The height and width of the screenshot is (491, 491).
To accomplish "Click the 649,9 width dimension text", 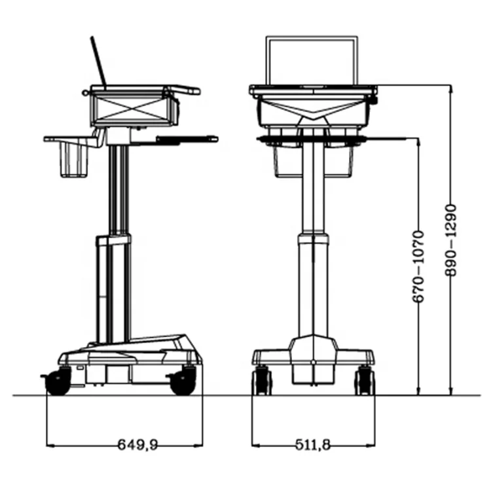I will coord(137,445).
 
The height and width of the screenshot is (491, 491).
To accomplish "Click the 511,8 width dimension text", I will coord(311,445).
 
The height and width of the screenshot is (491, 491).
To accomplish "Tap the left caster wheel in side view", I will coord(58,381).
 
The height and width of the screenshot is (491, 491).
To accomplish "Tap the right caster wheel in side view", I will coord(183,381).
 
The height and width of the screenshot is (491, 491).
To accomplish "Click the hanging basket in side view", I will coord(74,160).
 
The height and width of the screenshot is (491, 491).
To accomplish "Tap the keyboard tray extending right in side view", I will coord(187,138).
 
